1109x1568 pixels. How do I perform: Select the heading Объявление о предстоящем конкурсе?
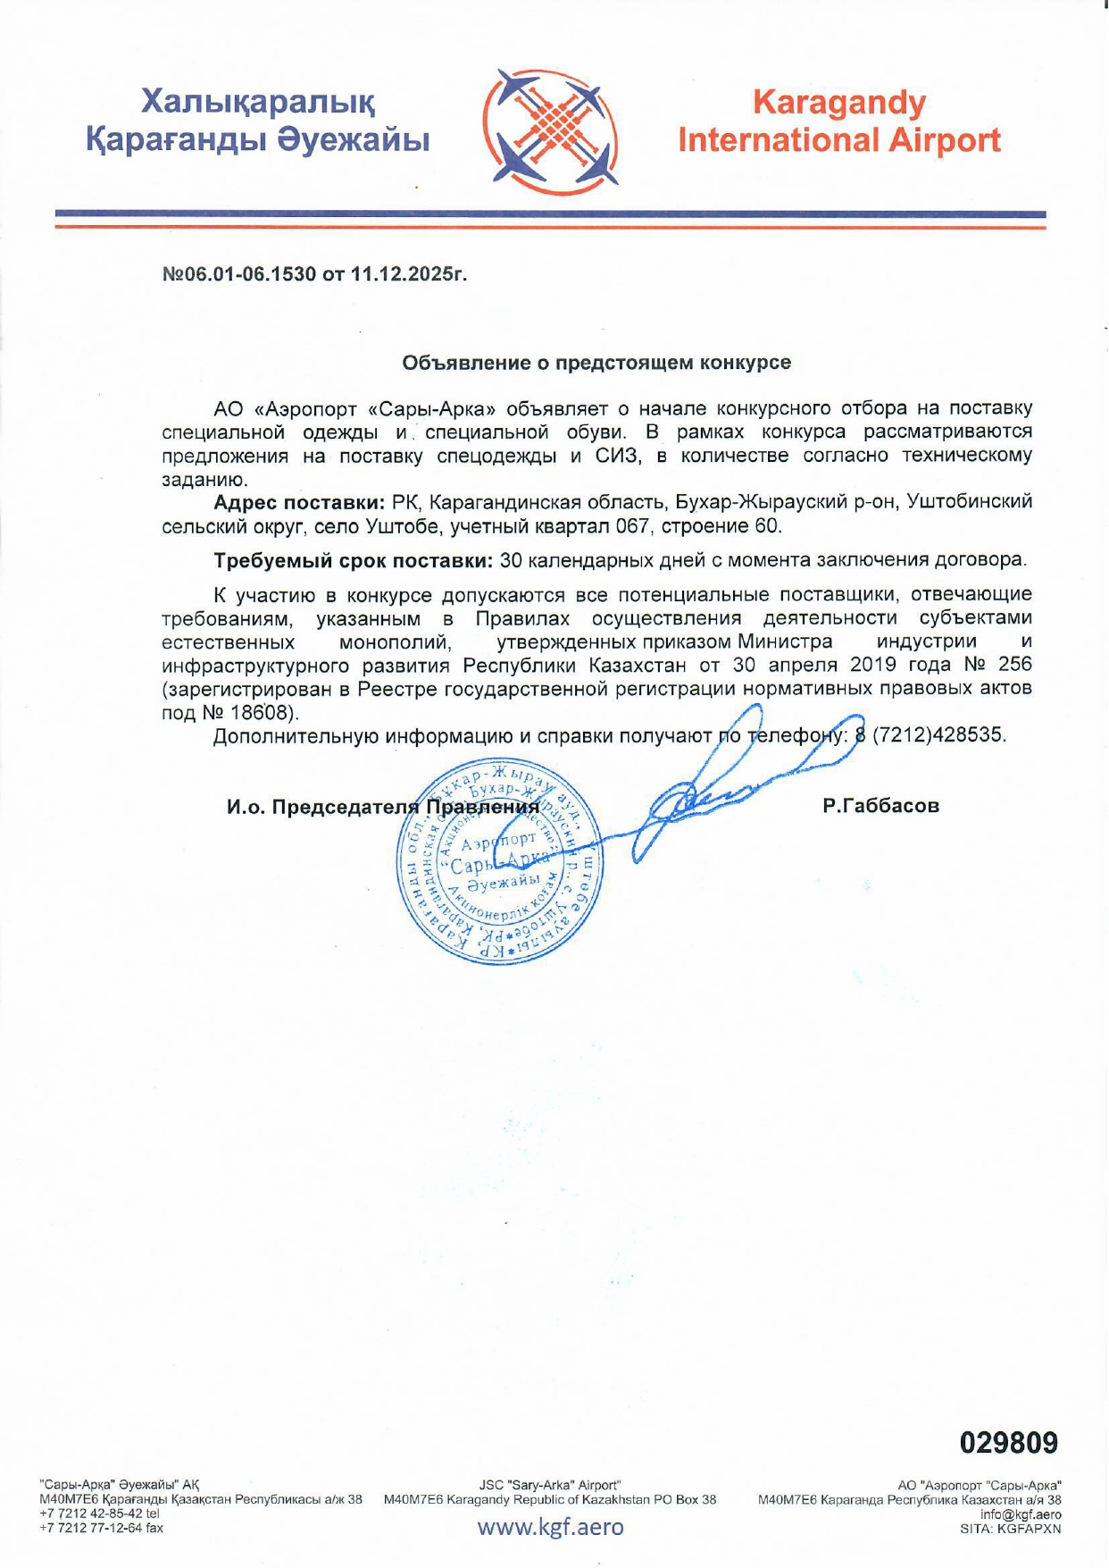click(596, 362)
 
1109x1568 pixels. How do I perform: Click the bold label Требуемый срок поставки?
click(353, 560)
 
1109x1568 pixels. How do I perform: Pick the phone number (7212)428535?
click(938, 735)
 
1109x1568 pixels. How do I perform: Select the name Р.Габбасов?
click(880, 806)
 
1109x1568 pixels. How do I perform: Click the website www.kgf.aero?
click(550, 1526)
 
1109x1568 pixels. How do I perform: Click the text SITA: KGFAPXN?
click(1010, 1528)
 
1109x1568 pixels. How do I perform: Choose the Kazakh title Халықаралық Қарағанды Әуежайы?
click(258, 122)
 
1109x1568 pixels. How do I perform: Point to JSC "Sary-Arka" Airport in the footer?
click(550, 1485)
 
